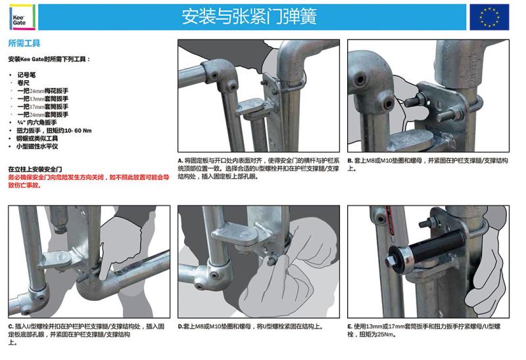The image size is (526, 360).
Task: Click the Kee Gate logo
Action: (x=22, y=17)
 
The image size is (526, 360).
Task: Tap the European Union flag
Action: (x=489, y=17)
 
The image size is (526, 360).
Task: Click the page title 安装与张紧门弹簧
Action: (x=249, y=17)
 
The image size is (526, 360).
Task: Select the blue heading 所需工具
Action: (x=24, y=43)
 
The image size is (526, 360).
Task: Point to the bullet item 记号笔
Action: (x=26, y=75)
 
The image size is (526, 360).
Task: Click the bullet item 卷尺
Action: (x=24, y=83)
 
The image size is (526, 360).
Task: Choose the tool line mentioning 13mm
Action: (x=43, y=99)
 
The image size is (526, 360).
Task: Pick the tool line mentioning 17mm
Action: (x=43, y=106)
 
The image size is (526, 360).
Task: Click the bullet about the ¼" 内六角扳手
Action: (x=37, y=122)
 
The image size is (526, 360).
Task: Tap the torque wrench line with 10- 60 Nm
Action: (x=54, y=130)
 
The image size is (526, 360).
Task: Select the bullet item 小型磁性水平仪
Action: (x=37, y=146)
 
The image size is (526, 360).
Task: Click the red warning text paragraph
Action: (x=89, y=181)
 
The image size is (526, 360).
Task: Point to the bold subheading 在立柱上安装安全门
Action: (x=36, y=169)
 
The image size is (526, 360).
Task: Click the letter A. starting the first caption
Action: (x=180, y=160)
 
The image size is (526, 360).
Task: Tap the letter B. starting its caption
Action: (x=350, y=160)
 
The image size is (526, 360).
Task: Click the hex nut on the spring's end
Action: (x=391, y=261)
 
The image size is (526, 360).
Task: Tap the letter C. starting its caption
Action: (x=11, y=326)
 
